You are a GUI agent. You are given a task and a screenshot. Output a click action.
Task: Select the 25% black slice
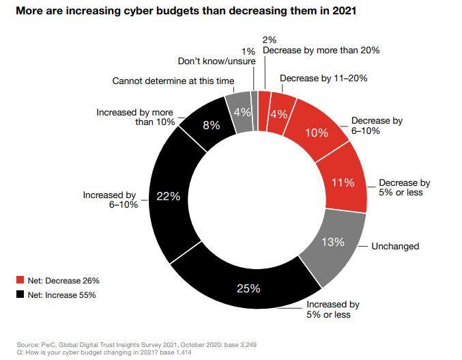[x=249, y=287]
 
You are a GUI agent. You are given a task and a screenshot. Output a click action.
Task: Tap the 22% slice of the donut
[x=168, y=196]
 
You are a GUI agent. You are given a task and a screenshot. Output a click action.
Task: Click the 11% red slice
[x=343, y=182]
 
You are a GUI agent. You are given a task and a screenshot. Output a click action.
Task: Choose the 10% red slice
[x=317, y=133]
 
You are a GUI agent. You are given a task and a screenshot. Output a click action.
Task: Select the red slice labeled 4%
[x=278, y=114]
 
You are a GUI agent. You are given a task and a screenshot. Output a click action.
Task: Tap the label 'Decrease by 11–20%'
[x=324, y=78]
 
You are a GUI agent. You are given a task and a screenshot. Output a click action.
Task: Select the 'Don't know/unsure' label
[x=216, y=61]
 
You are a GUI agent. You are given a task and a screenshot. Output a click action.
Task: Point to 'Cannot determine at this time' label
[x=173, y=81]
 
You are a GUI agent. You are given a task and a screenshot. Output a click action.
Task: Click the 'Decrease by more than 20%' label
[x=321, y=50]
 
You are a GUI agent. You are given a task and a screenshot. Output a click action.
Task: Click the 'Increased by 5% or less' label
[x=332, y=309]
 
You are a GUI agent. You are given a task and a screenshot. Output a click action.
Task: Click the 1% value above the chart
[x=249, y=51]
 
